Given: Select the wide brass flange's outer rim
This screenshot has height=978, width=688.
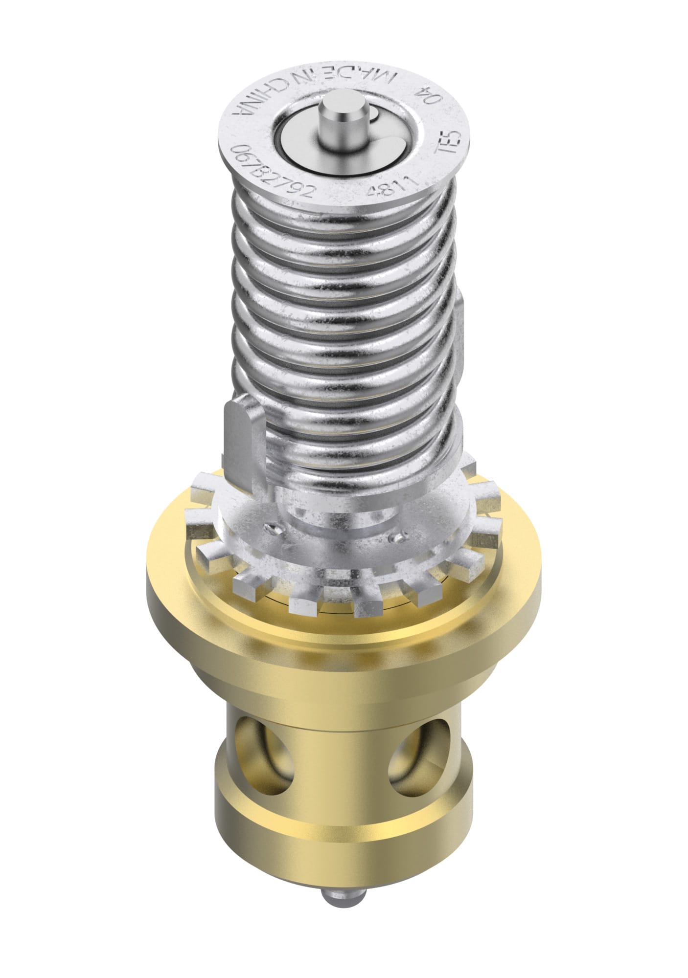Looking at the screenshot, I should pos(343,636).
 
